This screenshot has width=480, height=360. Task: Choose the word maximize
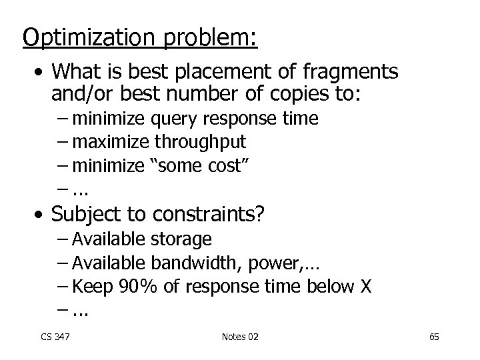pyautogui.click(x=112, y=141)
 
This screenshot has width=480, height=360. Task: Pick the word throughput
pyautogui.click(x=200, y=141)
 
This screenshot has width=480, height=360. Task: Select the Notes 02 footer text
pyautogui.click(x=240, y=337)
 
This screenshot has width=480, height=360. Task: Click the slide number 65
pyautogui.click(x=434, y=337)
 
